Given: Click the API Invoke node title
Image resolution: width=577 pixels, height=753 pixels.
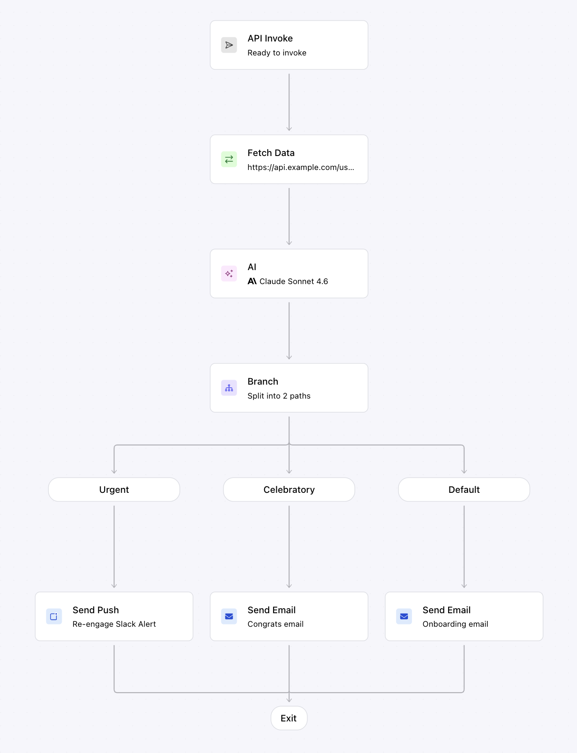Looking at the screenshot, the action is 270,38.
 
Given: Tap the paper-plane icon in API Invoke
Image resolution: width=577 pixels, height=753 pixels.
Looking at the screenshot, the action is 229,45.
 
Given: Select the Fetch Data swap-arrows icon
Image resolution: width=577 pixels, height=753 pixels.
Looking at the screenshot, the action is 229,159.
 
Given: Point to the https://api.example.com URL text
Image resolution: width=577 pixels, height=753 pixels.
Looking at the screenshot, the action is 301,167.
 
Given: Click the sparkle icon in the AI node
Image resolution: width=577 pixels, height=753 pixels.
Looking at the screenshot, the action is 229,274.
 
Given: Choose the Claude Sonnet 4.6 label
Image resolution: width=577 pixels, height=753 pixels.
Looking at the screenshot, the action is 293,281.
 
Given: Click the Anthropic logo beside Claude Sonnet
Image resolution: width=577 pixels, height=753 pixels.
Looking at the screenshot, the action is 252,281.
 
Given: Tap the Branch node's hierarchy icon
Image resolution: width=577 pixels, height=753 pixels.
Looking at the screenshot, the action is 229,388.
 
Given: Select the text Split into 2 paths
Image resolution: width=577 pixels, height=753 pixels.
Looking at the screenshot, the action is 279,396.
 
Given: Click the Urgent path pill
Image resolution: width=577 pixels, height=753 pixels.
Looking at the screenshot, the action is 114,490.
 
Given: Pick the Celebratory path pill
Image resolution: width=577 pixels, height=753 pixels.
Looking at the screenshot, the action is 289,490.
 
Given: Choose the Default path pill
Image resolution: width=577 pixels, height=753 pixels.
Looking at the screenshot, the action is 464,490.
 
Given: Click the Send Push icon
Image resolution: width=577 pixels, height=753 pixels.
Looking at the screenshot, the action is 54,616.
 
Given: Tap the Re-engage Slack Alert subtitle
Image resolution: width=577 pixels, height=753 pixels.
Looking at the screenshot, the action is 114,624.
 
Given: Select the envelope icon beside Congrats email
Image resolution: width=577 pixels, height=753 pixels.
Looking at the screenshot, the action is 229,616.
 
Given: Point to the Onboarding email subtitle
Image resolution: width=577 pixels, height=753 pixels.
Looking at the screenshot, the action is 455,624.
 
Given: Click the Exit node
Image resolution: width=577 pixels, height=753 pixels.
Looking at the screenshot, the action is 289,718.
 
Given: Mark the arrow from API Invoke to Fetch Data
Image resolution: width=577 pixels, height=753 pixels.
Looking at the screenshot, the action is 289,102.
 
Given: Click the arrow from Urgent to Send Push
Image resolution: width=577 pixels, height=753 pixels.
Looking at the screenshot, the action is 114,547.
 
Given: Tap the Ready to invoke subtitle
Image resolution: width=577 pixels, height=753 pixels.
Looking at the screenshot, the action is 277,53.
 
